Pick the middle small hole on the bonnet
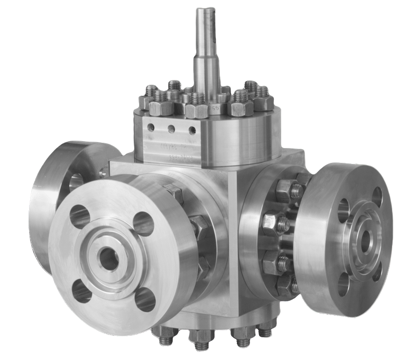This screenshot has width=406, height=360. [x=171, y=129]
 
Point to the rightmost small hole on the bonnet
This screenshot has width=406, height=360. [x=192, y=130]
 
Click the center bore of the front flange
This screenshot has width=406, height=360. [x=109, y=259]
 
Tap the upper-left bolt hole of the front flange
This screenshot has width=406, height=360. [x=80, y=216]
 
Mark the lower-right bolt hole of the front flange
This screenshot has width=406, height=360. [x=145, y=299]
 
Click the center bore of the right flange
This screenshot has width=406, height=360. [x=364, y=241]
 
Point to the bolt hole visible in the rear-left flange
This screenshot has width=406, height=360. [x=76, y=181]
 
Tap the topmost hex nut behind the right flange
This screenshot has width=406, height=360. [x=285, y=190]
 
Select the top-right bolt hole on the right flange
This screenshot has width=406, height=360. [x=376, y=197]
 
